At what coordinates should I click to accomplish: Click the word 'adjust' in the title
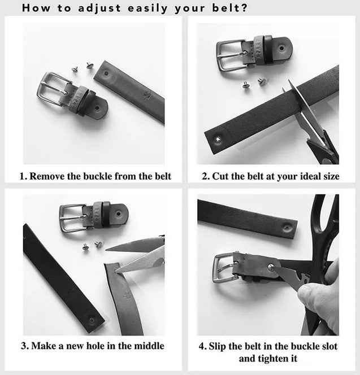tap(99, 8)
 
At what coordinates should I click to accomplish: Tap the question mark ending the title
tap(244, 8)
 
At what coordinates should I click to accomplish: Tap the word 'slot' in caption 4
tap(329, 346)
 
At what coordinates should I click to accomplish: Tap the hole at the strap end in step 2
tap(218, 139)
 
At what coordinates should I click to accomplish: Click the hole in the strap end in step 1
tap(106, 73)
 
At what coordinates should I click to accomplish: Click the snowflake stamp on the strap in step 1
tap(146, 96)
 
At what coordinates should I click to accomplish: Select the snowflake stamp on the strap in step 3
tap(127, 296)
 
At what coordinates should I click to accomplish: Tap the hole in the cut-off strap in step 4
tap(287, 226)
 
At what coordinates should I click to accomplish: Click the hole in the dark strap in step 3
tap(92, 320)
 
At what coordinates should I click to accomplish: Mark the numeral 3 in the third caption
tap(24, 346)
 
